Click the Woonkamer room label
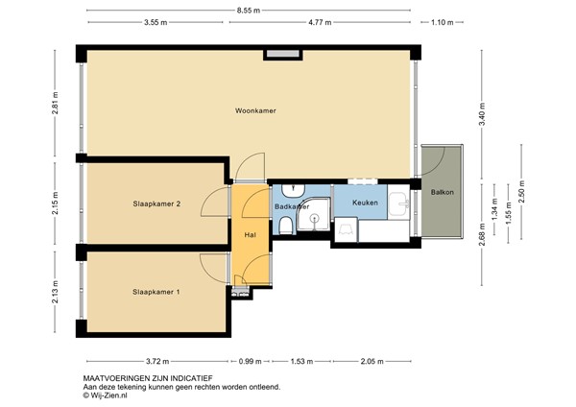[x=255, y=110]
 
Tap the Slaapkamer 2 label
[x=156, y=203]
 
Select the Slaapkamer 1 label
[x=156, y=292]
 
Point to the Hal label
[x=251, y=235]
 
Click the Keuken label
[x=365, y=203]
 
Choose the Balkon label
[x=443, y=192]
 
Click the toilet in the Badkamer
[x=285, y=226]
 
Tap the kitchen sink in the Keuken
[x=399, y=204]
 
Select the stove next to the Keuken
[x=346, y=229]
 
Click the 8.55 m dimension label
[x=249, y=11]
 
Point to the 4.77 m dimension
[x=320, y=22]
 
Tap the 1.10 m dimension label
[x=443, y=22]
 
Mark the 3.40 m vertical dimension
[x=482, y=114]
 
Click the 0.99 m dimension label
[x=251, y=362]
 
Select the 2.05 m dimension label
[x=372, y=362]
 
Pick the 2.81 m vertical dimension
[x=55, y=103]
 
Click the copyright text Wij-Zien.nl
[x=105, y=395]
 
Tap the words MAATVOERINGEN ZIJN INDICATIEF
[x=148, y=378]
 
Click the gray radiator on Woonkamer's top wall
[x=283, y=54]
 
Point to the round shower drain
[x=314, y=219]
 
